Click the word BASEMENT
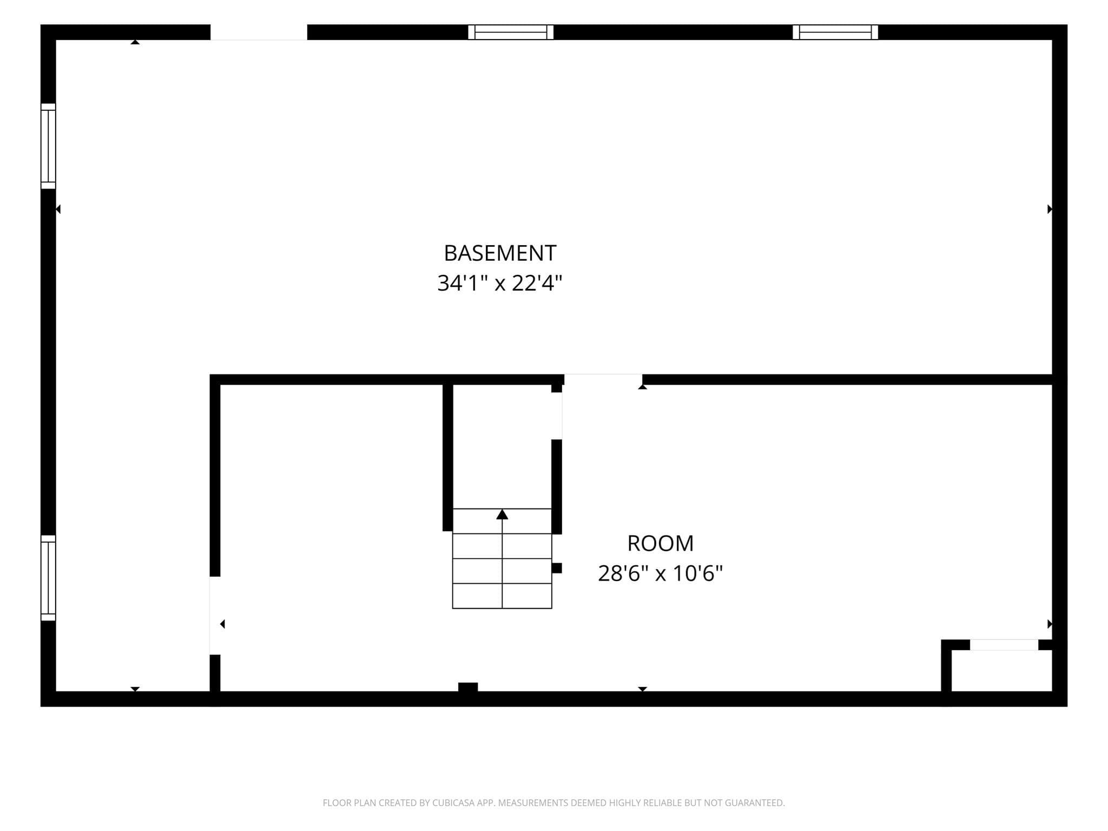[x=500, y=253]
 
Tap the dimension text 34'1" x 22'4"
[x=500, y=283]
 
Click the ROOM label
[x=660, y=543]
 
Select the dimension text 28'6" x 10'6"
[x=660, y=573]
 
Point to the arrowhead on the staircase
[x=502, y=514]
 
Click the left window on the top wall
[x=511, y=32]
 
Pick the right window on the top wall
[x=835, y=32]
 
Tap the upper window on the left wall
[x=48, y=146]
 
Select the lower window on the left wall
[x=48, y=578]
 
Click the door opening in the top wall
[x=259, y=32]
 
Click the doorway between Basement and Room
[x=603, y=379]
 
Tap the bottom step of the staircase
[x=502, y=596]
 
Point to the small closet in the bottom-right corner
[x=1001, y=670]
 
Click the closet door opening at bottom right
[x=1004, y=644]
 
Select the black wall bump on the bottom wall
[x=468, y=687]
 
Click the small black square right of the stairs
[x=557, y=568]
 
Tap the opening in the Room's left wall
[x=215, y=616]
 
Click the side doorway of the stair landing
[x=557, y=415]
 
